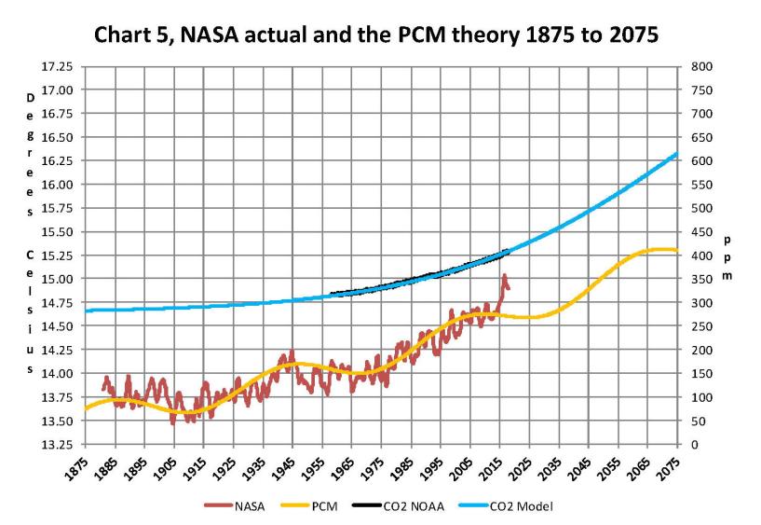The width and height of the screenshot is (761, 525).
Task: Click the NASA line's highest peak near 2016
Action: point(504,275)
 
